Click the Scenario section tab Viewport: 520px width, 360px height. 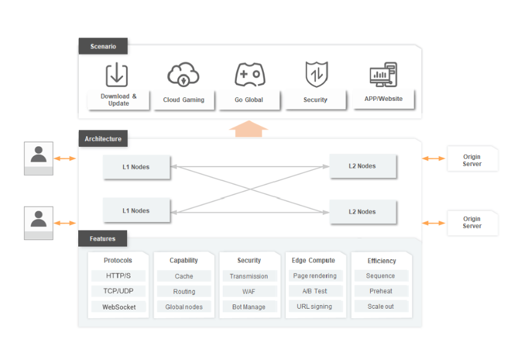coord(103,46)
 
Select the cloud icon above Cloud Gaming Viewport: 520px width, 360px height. coord(183,74)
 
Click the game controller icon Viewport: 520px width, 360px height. coord(250,74)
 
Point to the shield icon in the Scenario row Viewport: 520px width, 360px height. coord(316,74)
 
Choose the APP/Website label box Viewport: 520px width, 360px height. coord(384,99)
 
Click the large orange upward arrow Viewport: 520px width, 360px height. coord(248,128)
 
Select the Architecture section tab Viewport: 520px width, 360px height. coord(103,139)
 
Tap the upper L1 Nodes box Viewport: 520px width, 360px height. coord(136,167)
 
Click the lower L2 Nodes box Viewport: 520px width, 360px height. coord(362,212)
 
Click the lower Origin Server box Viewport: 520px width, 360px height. coord(472,223)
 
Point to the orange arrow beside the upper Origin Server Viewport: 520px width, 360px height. coord(433,158)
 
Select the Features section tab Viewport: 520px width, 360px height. coord(103,239)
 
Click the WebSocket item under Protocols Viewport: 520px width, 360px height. coord(119,307)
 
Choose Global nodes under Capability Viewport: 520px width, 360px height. coord(184,307)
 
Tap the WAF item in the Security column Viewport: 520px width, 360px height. coord(250,291)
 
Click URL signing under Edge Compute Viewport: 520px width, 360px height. coord(315,306)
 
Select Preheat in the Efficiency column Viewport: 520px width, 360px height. coord(381,291)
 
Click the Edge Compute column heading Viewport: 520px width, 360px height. coord(313,260)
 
